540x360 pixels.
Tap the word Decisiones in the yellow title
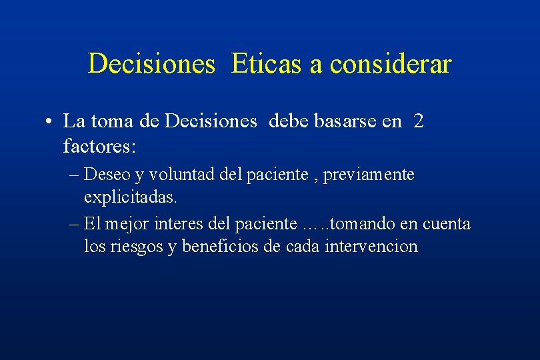[x=151, y=64]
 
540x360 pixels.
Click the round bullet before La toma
[x=50, y=122]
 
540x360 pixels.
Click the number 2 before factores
[x=418, y=121]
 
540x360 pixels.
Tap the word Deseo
[x=109, y=175]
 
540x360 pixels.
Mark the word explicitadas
[x=131, y=197]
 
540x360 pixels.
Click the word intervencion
[x=371, y=247]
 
